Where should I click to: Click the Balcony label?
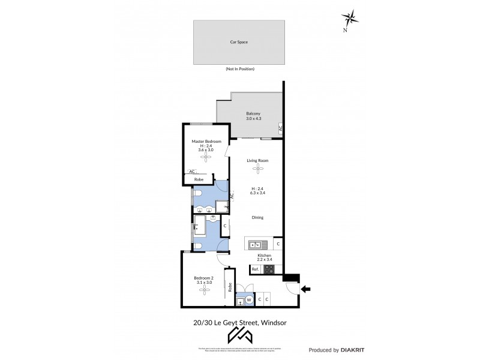[x=253, y=113]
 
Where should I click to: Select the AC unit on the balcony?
[x=280, y=128]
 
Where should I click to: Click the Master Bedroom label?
[x=206, y=142]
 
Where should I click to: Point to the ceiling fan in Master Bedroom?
[x=206, y=157]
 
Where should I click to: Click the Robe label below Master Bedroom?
[x=198, y=179]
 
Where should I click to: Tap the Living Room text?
[x=257, y=161]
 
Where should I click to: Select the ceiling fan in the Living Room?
[x=257, y=170]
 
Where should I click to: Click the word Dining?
[x=257, y=218]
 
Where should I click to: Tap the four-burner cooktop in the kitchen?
[x=269, y=270]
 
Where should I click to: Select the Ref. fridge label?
[x=256, y=270]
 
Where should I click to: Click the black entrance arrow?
[x=305, y=290]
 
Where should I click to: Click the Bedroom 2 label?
[x=203, y=278]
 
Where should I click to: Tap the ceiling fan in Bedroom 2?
[x=204, y=290]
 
